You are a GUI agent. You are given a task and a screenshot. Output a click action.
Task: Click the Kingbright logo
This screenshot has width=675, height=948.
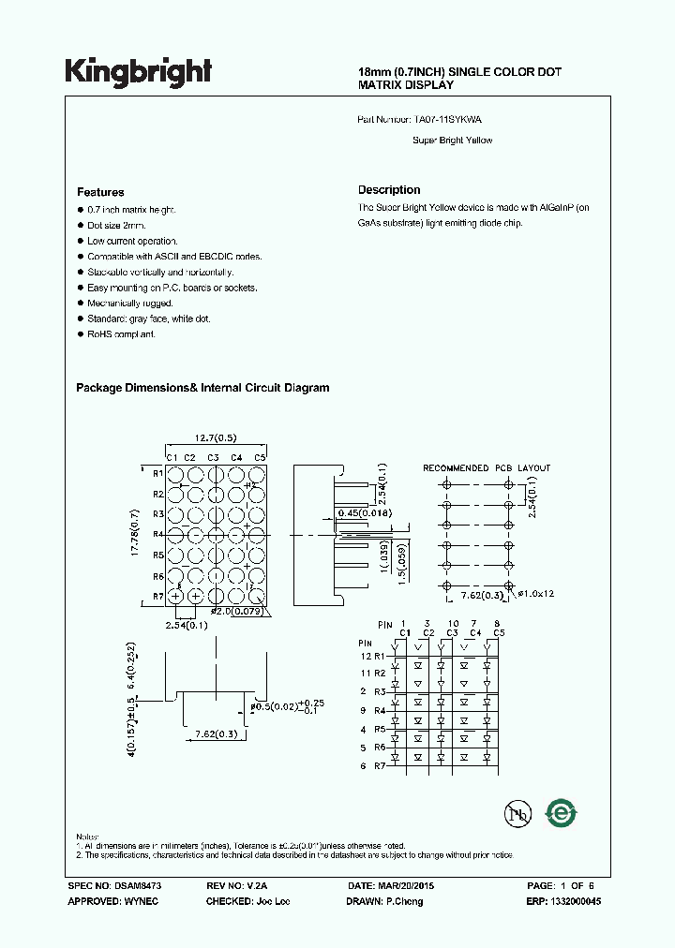coord(139,71)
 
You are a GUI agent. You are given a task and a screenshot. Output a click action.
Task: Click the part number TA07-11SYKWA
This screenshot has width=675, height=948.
coord(448,120)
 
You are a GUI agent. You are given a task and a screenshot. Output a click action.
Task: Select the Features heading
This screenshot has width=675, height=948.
coord(100,191)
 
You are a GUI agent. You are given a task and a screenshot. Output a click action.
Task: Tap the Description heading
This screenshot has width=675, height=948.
coord(389,190)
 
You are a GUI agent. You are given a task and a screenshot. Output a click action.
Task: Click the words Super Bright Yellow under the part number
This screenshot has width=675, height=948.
coord(452,141)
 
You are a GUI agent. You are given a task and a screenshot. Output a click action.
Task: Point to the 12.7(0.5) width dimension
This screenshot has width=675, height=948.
coord(215,437)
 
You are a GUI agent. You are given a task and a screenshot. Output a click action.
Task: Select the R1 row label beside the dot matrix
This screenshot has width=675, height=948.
coord(158,473)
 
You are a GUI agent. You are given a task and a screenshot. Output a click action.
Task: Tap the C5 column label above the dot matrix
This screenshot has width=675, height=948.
coord(260,457)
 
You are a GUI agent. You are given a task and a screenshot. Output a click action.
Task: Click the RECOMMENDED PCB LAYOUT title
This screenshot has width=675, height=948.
coord(487,467)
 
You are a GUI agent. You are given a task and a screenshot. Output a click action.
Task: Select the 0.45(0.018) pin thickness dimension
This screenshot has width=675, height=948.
coord(364,513)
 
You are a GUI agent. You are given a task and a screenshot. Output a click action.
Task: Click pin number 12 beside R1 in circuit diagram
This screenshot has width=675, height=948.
coord(366,656)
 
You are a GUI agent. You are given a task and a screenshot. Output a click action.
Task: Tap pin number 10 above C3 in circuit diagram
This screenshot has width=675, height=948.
coord(452,623)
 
